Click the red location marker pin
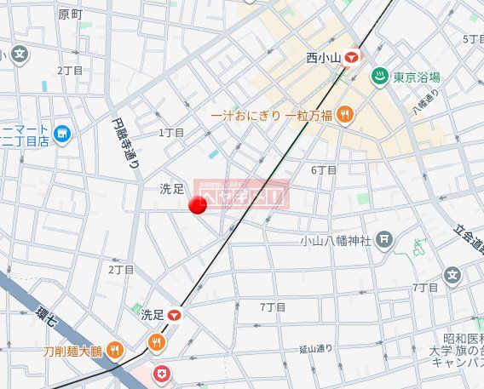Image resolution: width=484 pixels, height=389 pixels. pyautogui.click(x=198, y=204)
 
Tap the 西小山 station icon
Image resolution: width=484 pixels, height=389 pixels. pyautogui.click(x=351, y=58)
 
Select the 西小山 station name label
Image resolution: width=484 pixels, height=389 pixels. pyautogui.click(x=323, y=58)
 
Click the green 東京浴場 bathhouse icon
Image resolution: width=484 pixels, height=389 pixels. pyautogui.click(x=380, y=77)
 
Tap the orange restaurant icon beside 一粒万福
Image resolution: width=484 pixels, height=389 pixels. pyautogui.click(x=344, y=114)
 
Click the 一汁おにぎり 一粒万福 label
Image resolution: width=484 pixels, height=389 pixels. pyautogui.click(x=271, y=114)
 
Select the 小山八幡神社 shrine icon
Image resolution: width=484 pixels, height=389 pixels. pyautogui.click(x=384, y=240)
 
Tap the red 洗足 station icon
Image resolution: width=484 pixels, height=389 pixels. pyautogui.click(x=175, y=314)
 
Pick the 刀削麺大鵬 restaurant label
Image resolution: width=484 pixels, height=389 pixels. pyautogui.click(x=72, y=351)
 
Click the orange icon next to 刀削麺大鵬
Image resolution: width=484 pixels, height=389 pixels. pyautogui.click(x=116, y=351)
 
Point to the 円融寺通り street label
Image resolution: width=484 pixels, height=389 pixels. pyautogui.click(x=125, y=144)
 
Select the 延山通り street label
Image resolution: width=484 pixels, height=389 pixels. pyautogui.click(x=316, y=349)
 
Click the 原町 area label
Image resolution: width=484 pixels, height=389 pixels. pyautogui.click(x=70, y=14)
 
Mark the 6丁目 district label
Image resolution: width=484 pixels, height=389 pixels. pyautogui.click(x=324, y=169)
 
